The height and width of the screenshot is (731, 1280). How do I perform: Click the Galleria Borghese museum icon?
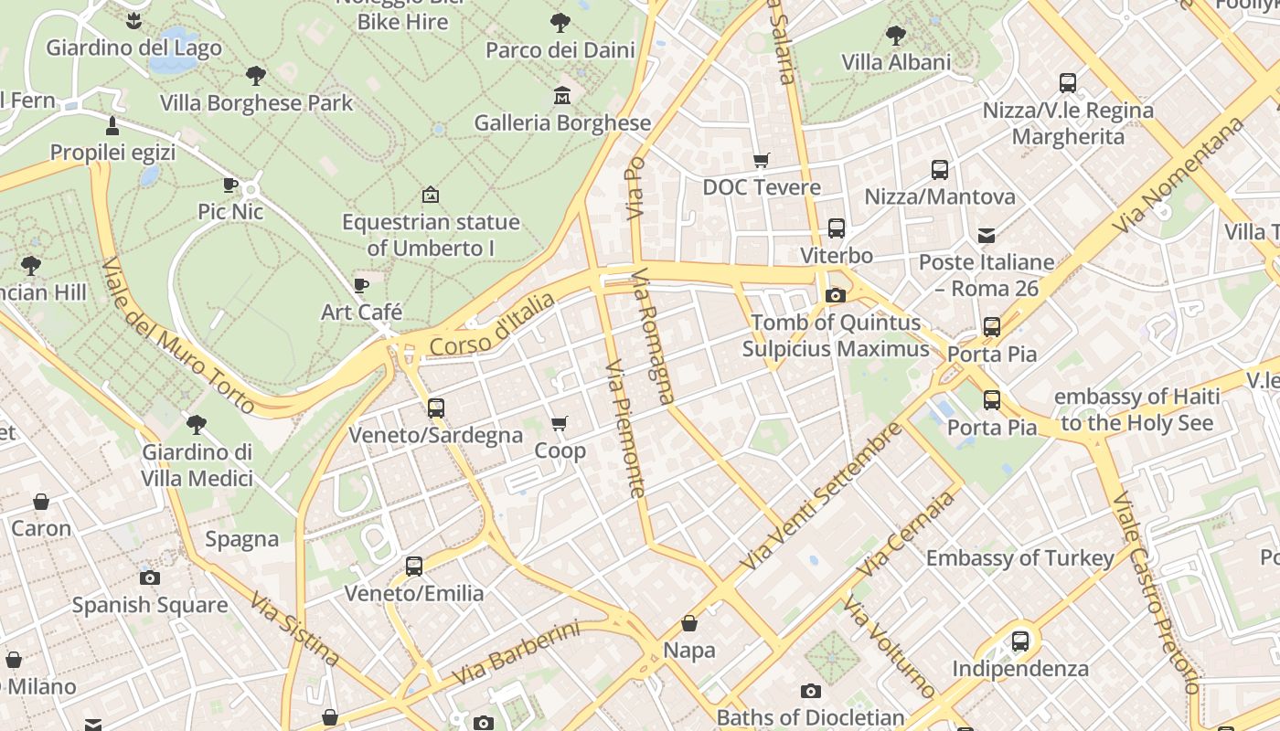tap(561, 95)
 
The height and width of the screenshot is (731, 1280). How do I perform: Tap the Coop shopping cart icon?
tap(560, 423)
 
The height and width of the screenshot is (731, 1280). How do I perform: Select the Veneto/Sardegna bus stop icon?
tap(436, 408)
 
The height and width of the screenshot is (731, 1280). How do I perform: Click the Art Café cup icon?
tap(361, 285)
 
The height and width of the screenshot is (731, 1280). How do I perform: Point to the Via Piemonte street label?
tap(625, 429)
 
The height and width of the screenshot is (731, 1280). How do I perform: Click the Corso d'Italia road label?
tap(492, 324)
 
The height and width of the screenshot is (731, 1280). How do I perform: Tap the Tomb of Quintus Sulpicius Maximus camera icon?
tap(835, 295)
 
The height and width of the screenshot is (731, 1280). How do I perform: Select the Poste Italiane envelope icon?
tap(987, 236)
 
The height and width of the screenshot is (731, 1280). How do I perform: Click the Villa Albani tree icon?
tap(896, 36)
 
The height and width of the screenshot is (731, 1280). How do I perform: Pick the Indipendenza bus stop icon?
tap(1020, 641)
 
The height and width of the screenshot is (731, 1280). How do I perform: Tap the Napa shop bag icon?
tap(689, 623)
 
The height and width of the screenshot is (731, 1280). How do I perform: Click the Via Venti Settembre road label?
tap(820, 496)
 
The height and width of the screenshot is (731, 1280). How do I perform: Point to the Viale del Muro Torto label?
tap(178, 335)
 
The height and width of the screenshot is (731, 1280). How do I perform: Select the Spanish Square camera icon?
tap(150, 577)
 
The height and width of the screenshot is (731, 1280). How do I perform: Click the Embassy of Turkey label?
tap(1020, 558)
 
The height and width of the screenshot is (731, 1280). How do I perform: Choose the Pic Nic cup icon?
tap(230, 185)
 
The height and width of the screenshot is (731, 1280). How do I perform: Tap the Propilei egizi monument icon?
tap(112, 125)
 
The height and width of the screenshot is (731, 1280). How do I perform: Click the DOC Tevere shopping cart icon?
tap(761, 161)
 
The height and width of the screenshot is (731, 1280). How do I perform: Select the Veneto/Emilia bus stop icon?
tap(414, 567)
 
